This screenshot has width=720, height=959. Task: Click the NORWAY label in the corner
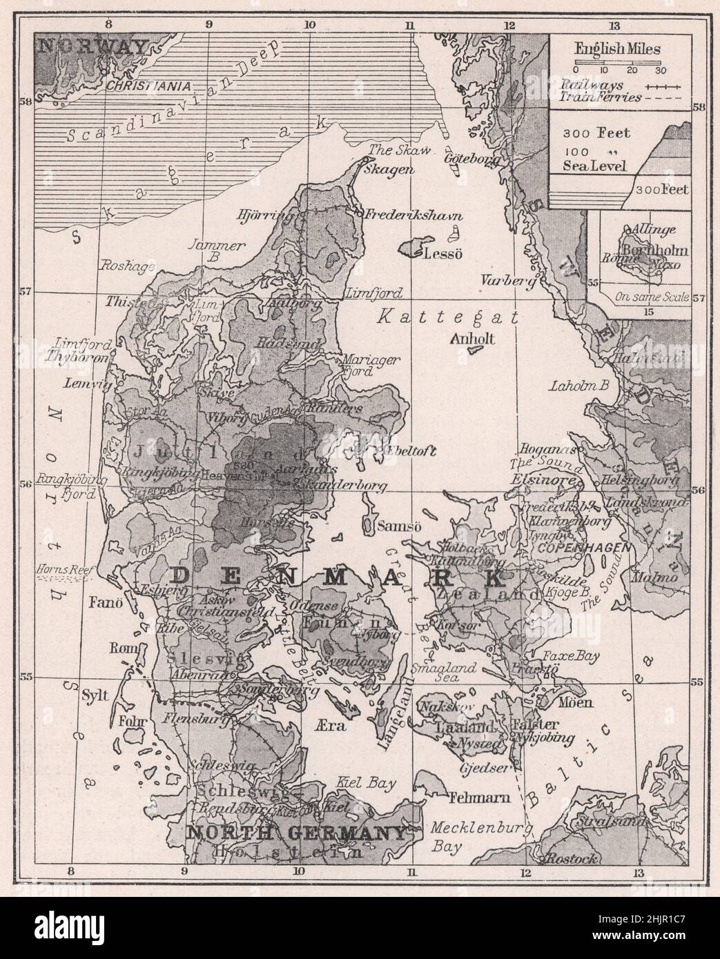point(93,47)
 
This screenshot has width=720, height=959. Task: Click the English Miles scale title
point(616,50)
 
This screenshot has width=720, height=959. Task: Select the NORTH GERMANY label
point(297,833)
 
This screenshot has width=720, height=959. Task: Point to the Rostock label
point(570,859)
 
